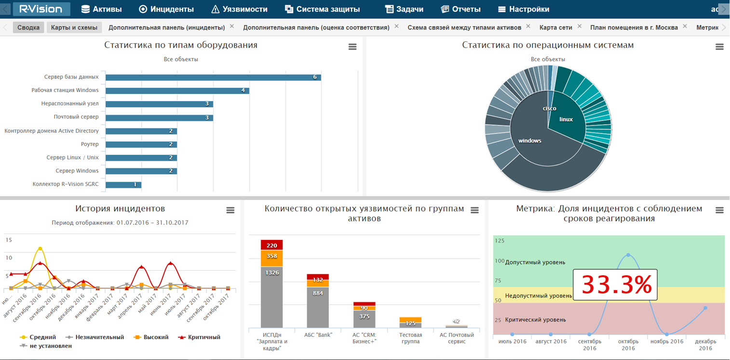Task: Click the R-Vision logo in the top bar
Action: pos(41,9)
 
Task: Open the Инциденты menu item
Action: pos(166,9)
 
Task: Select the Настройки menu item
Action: pos(524,9)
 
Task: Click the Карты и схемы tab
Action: pos(74,27)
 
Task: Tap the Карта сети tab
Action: pos(555,27)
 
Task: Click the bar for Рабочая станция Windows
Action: pos(177,91)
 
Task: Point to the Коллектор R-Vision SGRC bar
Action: pos(123,185)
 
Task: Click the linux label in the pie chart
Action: pos(566,119)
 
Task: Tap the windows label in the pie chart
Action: pos(529,141)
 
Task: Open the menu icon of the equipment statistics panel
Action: pos(352,47)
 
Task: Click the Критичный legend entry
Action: pos(200,337)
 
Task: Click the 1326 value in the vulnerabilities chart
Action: pos(271,273)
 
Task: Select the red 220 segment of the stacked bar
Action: pos(271,245)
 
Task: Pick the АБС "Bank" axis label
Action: pos(318,335)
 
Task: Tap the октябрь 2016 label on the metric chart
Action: pos(628,345)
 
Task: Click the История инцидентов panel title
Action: pos(120,209)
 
